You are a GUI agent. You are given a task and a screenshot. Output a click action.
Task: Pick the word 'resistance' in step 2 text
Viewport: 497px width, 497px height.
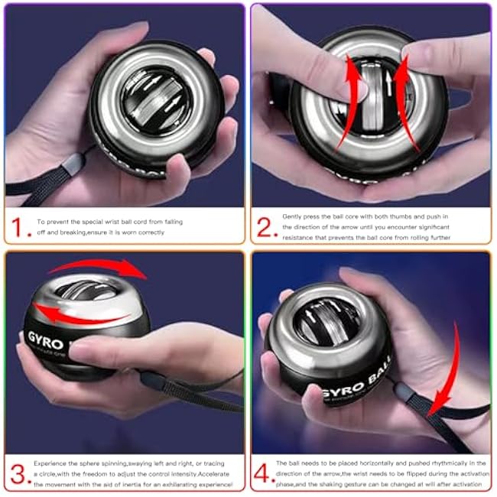point(300,238)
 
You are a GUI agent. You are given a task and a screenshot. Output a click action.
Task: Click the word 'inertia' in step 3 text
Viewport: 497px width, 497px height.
point(132,485)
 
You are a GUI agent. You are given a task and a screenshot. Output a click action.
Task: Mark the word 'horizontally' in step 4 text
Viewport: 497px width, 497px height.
point(375,463)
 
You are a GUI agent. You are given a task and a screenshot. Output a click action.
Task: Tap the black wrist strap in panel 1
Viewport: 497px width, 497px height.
point(46,180)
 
